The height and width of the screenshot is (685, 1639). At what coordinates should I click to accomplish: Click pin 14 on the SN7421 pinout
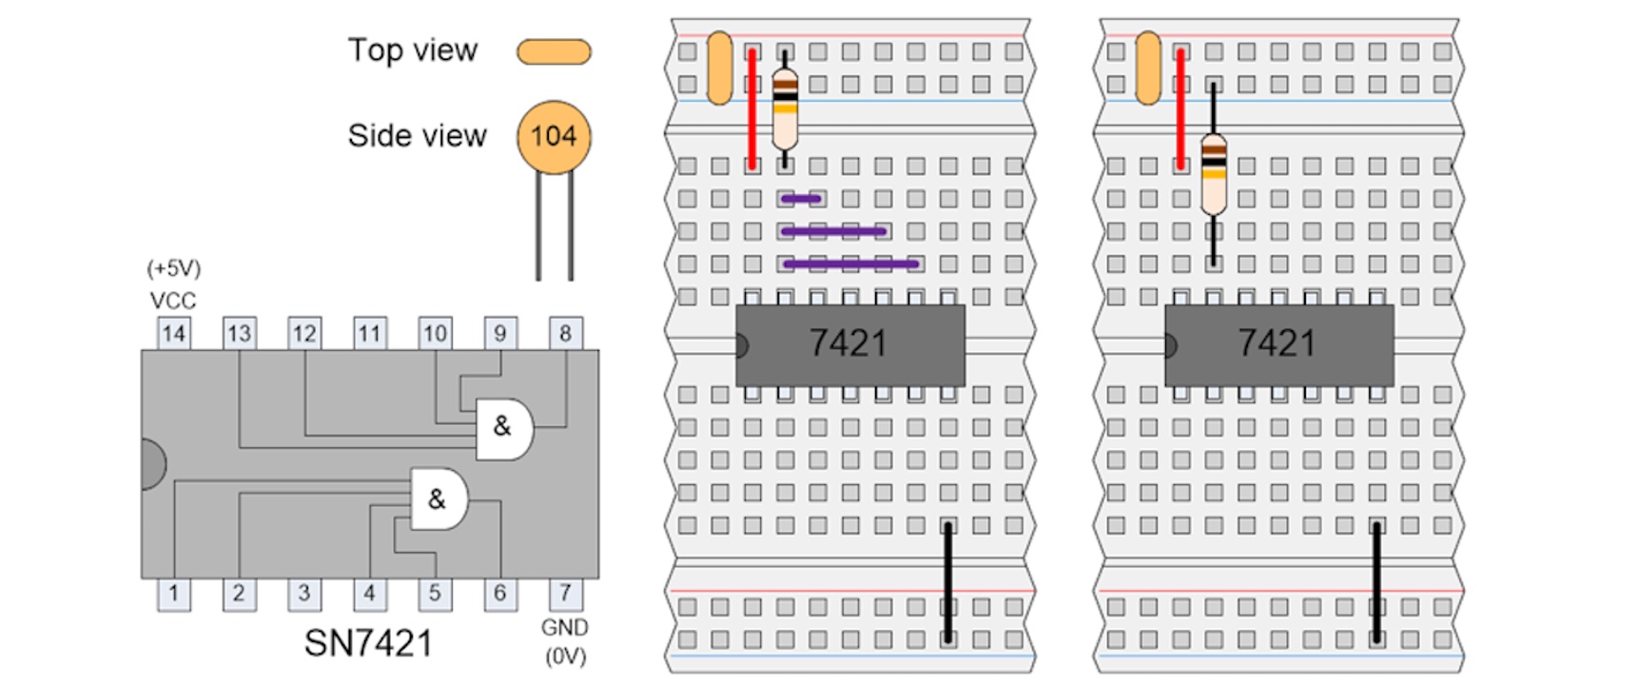click(x=173, y=333)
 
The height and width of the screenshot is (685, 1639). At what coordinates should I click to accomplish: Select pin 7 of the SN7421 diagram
click(x=565, y=594)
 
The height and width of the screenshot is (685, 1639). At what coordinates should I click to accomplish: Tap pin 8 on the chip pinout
click(x=565, y=333)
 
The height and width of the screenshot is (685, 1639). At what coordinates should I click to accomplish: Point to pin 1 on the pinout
click(x=173, y=594)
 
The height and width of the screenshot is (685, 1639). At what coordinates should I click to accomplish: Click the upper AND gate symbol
click(x=503, y=428)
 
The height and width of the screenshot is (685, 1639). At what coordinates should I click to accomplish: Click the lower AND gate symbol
click(x=438, y=499)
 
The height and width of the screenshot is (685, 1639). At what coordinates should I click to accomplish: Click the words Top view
click(x=412, y=50)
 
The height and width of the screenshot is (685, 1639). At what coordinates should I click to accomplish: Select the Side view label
click(x=417, y=136)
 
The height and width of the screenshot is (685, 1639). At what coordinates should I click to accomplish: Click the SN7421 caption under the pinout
click(x=368, y=644)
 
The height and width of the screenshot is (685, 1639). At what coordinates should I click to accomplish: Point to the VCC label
click(x=173, y=301)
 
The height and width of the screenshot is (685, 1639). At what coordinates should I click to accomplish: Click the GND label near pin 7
click(x=565, y=628)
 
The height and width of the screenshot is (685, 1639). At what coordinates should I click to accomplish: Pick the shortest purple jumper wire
click(x=801, y=199)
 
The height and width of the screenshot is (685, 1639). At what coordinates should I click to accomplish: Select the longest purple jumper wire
click(x=850, y=264)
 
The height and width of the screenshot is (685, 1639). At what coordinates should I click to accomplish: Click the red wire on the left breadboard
click(x=752, y=109)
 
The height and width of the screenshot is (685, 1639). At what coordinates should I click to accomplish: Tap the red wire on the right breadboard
click(x=1180, y=109)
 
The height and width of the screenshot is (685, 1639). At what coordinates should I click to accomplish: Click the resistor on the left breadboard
click(x=785, y=108)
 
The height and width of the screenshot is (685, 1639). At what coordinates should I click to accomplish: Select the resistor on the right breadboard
click(x=1214, y=174)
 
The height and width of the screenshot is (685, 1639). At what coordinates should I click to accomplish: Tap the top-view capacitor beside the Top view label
click(x=554, y=51)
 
